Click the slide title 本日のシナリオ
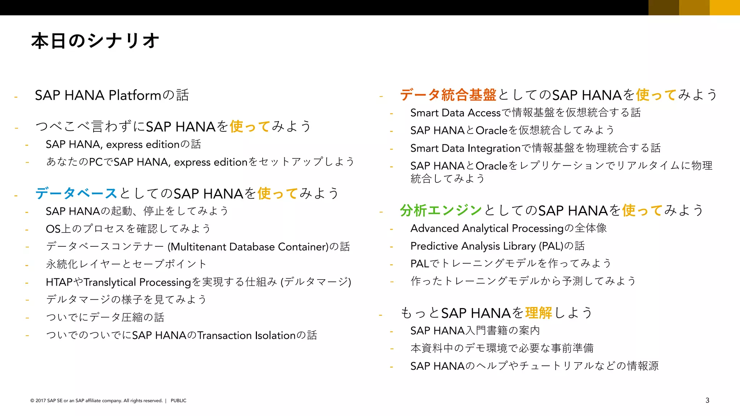[95, 41]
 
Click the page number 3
[707, 400]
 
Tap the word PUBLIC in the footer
[178, 400]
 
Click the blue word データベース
[76, 194]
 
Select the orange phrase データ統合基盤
[448, 95]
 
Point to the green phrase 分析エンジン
[441, 211]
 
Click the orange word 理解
[538, 313]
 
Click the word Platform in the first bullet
[134, 95]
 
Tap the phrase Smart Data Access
[455, 113]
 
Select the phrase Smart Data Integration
[465, 148]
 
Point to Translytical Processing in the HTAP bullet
[137, 282]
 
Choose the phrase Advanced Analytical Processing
[487, 228]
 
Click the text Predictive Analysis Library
[473, 246]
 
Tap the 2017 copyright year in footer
[40, 400]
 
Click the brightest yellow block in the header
[724, 7]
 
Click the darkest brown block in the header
[663, 7]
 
